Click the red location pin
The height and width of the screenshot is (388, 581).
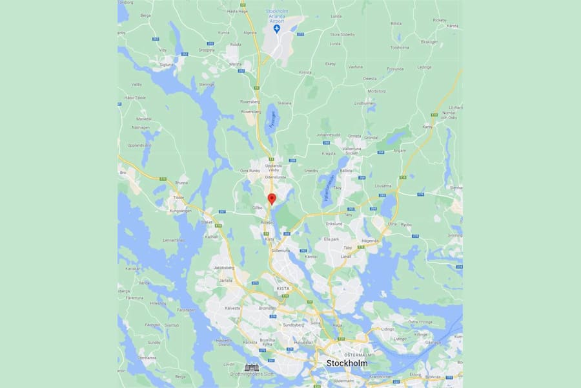(x=272, y=199)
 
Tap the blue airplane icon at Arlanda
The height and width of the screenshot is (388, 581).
(x=277, y=29)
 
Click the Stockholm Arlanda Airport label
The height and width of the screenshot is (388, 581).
(x=276, y=14)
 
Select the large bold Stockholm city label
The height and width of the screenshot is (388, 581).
(x=347, y=363)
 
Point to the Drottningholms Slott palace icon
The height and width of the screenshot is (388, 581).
(x=252, y=367)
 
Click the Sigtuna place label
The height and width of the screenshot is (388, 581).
(x=167, y=65)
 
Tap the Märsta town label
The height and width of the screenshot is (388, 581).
(x=236, y=65)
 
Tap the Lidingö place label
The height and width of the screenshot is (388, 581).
(x=388, y=330)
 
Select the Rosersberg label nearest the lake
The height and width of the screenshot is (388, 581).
(x=250, y=112)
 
